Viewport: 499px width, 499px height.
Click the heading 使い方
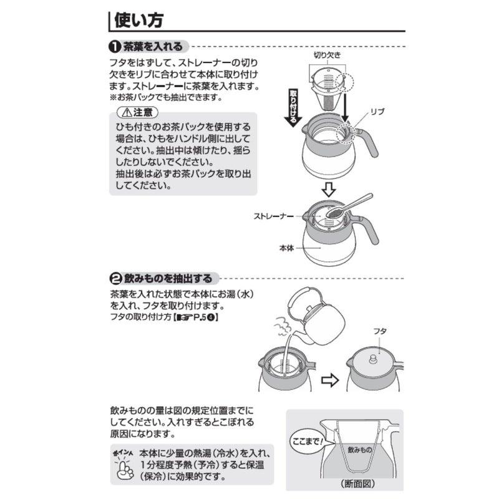pos(138,20)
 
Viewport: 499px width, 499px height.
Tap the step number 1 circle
pos(115,47)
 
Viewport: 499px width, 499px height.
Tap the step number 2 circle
pos(115,279)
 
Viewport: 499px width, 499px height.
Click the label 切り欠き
pos(327,56)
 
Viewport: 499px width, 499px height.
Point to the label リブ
pos(377,112)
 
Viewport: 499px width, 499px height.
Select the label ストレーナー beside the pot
pos(274,216)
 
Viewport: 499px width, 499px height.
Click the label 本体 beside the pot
pos(286,248)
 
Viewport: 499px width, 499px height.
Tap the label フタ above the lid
pos(380,331)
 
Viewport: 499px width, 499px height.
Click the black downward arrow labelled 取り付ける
pos(293,108)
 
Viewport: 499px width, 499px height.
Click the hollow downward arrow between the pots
pos(329,190)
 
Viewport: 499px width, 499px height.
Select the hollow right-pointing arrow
pos(330,380)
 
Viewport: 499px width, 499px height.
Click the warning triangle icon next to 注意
pos(127,112)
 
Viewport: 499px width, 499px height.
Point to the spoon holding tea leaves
pos(349,206)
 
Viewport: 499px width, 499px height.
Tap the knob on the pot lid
pos(372,360)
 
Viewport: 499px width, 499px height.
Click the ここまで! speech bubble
pos(308,442)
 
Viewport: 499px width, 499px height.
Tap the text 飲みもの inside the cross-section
pos(360,450)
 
